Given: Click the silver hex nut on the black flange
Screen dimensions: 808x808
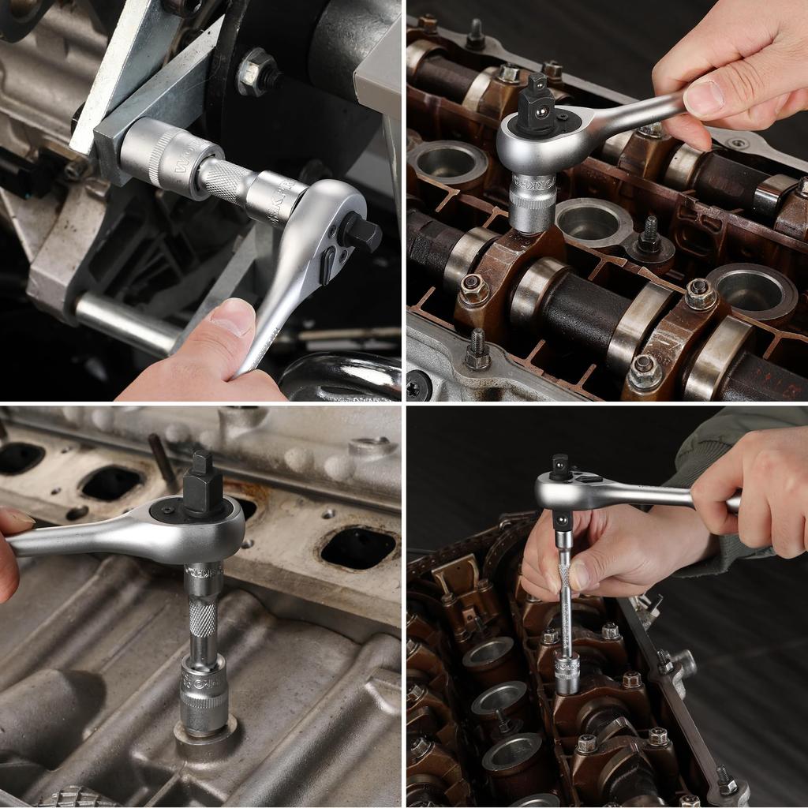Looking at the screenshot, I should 258,73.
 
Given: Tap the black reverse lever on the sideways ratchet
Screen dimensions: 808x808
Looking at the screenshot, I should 326,267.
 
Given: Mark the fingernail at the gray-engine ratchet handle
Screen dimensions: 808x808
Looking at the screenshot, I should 16,519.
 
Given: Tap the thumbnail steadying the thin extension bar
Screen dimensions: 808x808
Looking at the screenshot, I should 580,575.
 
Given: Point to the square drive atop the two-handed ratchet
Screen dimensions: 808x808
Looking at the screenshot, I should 560,466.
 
